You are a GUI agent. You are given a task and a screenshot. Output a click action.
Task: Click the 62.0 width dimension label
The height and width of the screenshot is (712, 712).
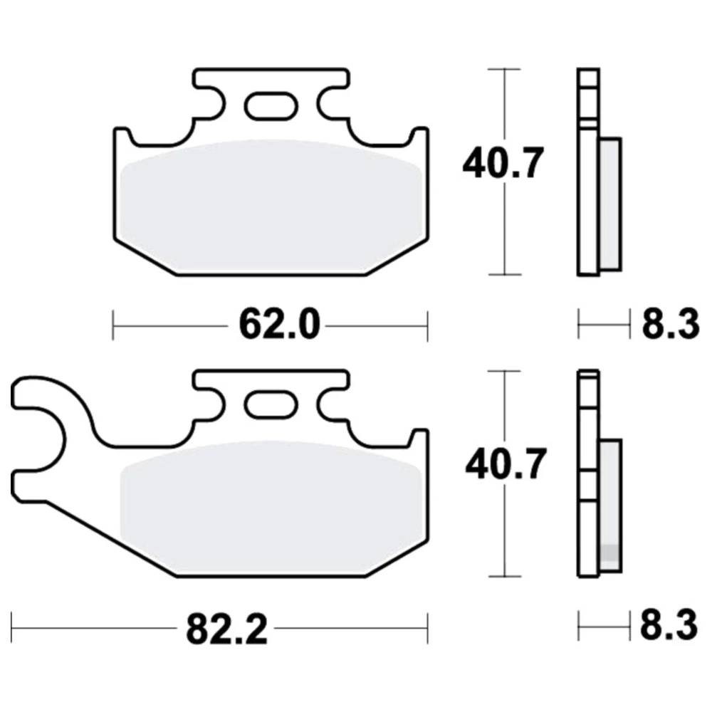[x=279, y=324]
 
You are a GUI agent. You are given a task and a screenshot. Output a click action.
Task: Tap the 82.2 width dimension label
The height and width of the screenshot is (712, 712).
[x=226, y=629]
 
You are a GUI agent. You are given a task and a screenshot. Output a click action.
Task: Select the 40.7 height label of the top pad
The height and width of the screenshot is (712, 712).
[x=503, y=163]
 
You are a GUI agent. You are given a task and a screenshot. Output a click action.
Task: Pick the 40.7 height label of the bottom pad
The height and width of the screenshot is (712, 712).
[x=505, y=464]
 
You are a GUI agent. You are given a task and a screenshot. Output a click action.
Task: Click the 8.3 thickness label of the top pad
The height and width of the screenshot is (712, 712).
[x=671, y=324]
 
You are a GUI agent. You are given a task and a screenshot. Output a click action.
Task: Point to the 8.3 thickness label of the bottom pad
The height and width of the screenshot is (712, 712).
[x=669, y=625]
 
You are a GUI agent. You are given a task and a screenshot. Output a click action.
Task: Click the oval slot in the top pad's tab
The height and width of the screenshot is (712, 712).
[x=271, y=106]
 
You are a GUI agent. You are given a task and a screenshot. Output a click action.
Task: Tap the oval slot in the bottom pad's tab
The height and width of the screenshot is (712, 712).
[x=271, y=405]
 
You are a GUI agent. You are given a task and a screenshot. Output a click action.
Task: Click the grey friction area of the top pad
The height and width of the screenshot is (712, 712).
[x=271, y=206]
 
